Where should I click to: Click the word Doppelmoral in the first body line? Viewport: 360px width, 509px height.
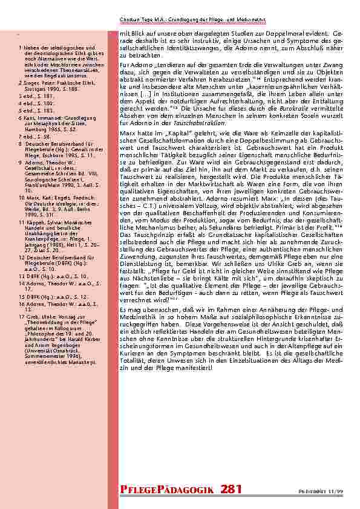pyautogui.click(x=275, y=34)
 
